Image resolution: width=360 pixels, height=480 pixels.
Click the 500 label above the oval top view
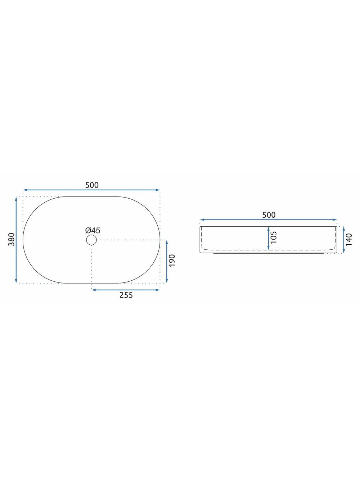coord(92,185)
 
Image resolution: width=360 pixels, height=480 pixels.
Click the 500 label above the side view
coord(269,215)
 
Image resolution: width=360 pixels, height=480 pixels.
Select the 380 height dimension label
coord(12,239)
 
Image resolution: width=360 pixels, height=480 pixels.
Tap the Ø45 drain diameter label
coord(93,230)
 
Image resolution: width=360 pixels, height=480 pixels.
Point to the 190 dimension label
coord(172,260)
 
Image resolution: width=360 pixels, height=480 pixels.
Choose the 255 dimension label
coord(126,295)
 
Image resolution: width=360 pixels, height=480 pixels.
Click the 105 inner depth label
coord(274,237)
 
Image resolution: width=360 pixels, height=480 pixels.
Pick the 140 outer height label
coord(349,239)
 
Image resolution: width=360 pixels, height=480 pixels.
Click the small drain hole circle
coord(91,240)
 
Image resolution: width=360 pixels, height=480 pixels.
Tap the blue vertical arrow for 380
coord(16,240)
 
